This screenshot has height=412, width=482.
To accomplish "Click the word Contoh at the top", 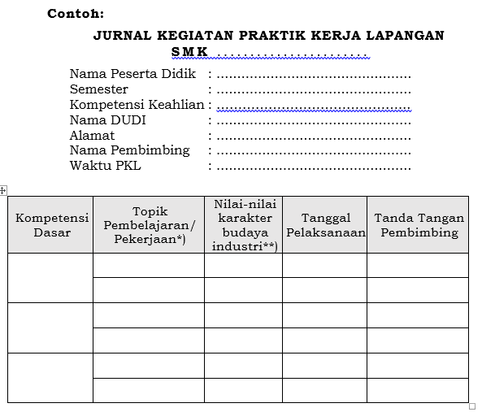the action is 75,14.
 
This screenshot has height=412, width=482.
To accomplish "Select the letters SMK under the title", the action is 189,52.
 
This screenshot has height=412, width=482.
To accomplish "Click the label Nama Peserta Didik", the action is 132,74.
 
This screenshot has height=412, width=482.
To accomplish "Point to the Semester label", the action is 98,89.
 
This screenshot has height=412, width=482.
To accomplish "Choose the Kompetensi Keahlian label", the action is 137,105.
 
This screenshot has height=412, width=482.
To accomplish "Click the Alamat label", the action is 92,136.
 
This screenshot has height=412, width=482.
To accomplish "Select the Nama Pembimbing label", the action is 129,150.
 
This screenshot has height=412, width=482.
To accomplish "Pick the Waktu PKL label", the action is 106,166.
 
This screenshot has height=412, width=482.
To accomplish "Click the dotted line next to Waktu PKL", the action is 314,167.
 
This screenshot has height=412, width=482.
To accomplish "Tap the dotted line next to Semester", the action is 314,91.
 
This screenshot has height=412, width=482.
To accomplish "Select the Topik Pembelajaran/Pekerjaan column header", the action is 150,225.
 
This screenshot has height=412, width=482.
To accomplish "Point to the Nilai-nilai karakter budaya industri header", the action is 244,225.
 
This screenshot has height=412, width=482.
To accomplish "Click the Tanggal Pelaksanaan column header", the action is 325,225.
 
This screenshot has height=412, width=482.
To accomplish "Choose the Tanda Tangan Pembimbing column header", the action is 419,225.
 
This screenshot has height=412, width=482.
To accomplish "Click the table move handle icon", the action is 3,190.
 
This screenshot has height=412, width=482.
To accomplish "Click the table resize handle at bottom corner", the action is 472,406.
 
